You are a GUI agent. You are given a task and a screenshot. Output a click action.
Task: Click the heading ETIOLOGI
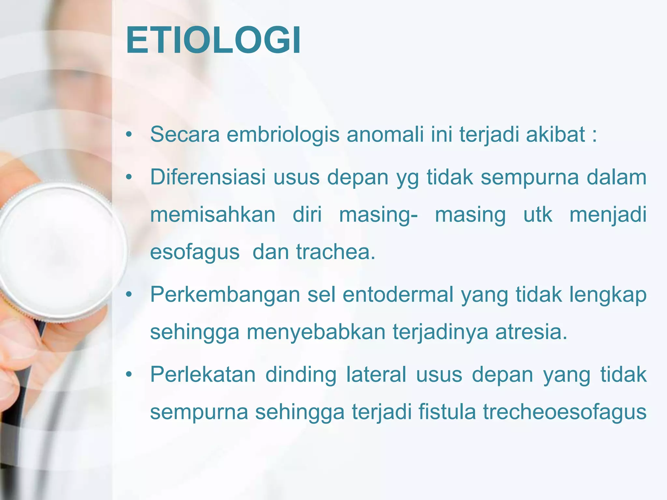tap(213, 41)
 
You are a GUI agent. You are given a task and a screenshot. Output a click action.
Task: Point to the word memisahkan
tap(213, 215)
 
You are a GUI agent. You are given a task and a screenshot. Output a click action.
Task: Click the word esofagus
tap(195, 253)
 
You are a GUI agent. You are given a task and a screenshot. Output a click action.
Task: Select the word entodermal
tap(398, 295)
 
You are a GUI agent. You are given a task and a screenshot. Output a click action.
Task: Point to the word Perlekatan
tap(203, 375)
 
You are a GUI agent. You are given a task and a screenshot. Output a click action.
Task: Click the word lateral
tap(376, 375)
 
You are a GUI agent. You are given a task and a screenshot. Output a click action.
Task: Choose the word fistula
tap(447, 412)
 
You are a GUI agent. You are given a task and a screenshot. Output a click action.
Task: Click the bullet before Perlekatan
tap(129, 375)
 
